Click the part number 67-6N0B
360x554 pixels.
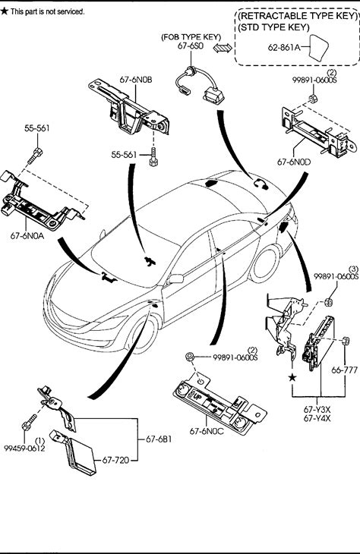(x=136, y=80)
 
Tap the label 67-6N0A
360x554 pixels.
(x=27, y=236)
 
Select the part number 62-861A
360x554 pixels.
(x=284, y=47)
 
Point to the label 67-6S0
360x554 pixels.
(x=191, y=46)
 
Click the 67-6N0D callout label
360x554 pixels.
(x=294, y=162)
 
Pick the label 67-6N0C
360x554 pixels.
(x=207, y=431)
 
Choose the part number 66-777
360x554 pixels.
(x=345, y=370)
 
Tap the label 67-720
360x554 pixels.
(x=115, y=460)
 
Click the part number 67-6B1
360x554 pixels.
(x=159, y=439)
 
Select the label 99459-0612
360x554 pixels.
(x=25, y=449)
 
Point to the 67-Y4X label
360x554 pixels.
(x=317, y=418)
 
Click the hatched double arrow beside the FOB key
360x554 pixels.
(x=223, y=48)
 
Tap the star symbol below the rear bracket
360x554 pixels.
(x=292, y=378)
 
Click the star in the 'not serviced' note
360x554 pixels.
(x=5, y=11)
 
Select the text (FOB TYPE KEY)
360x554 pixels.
(x=191, y=36)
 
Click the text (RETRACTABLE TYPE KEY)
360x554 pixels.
(x=297, y=16)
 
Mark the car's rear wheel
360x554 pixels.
(x=265, y=264)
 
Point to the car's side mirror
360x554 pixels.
(x=175, y=279)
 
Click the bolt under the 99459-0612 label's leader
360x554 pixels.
(x=29, y=421)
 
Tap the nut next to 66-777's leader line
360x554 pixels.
(x=345, y=342)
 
